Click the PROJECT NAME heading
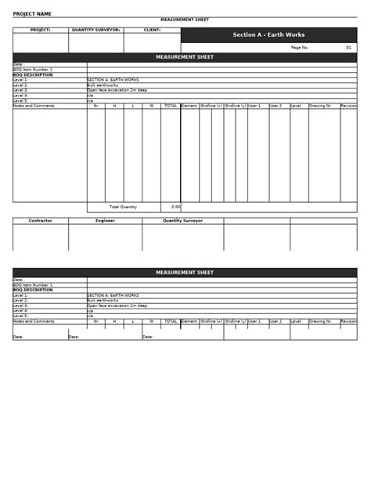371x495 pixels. (x=32, y=13)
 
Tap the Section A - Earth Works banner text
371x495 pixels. (x=268, y=35)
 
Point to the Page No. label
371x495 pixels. (x=300, y=48)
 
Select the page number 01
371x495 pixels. (x=348, y=48)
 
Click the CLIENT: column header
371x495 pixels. (x=153, y=30)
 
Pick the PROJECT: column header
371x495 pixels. (x=40, y=30)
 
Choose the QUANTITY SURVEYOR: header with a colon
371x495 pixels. (x=95, y=30)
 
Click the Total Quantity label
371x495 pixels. (x=123, y=207)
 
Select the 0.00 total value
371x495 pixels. (x=175, y=207)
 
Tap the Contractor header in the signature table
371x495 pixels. (x=41, y=221)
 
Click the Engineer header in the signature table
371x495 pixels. (x=105, y=221)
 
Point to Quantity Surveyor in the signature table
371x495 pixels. (x=182, y=221)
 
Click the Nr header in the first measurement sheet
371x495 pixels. (x=95, y=105)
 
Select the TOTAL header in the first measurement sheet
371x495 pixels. (x=171, y=105)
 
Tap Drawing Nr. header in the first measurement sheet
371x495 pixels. (x=320, y=105)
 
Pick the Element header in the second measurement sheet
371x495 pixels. (x=189, y=321)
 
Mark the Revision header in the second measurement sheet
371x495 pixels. (x=348, y=321)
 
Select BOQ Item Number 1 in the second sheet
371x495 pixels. (x=33, y=285)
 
